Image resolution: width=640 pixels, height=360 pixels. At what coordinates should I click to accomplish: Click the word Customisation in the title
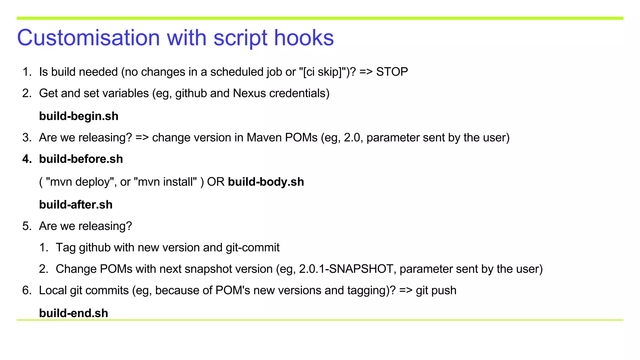[x=88, y=38]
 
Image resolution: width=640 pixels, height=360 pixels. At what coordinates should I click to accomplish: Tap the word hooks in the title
[x=304, y=38]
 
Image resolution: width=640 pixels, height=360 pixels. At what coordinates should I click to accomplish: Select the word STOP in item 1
[x=392, y=72]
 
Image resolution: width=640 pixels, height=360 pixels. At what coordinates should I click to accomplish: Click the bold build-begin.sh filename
[x=79, y=116]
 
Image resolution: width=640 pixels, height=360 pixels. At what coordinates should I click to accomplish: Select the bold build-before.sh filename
[x=81, y=159]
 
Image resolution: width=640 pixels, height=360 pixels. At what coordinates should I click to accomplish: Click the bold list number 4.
[x=27, y=159]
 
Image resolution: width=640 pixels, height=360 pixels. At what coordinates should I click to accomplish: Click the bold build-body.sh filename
[x=266, y=182]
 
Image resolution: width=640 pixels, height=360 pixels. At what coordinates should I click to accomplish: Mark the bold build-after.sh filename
[x=76, y=205]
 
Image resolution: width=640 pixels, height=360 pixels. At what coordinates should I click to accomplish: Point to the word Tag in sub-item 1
[x=66, y=247]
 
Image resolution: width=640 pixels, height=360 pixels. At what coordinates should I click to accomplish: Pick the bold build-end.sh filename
[x=73, y=313]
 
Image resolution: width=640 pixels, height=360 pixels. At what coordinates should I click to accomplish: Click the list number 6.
[x=27, y=291]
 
